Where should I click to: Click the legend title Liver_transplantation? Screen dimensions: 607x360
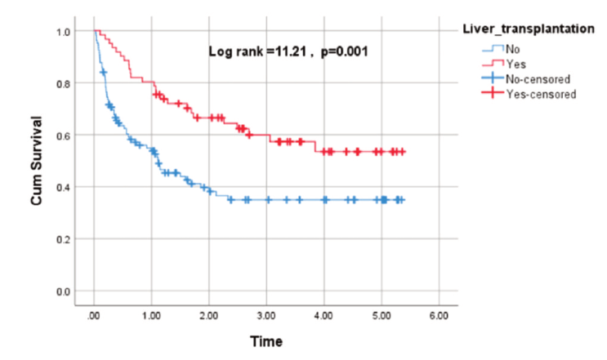click(x=529, y=29)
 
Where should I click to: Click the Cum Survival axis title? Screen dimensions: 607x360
click(x=37, y=161)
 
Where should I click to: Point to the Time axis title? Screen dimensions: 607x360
click(x=266, y=341)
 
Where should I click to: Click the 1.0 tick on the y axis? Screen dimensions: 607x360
click(x=64, y=32)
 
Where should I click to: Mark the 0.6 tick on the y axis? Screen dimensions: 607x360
click(x=64, y=136)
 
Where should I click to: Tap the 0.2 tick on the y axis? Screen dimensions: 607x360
click(x=64, y=240)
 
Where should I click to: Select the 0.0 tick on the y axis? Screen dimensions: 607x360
click(x=64, y=292)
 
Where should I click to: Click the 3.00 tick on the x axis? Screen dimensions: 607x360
click(x=266, y=316)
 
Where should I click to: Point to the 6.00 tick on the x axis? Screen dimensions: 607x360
click(x=439, y=316)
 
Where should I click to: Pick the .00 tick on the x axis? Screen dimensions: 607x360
click(x=93, y=316)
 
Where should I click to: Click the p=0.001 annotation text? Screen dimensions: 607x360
click(x=344, y=51)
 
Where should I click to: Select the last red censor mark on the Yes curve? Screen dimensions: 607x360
click(x=402, y=152)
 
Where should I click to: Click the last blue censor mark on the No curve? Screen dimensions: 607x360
click(x=401, y=200)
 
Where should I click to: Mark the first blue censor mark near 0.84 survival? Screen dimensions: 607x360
click(x=104, y=73)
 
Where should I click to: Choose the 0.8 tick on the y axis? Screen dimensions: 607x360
click(x=64, y=84)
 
